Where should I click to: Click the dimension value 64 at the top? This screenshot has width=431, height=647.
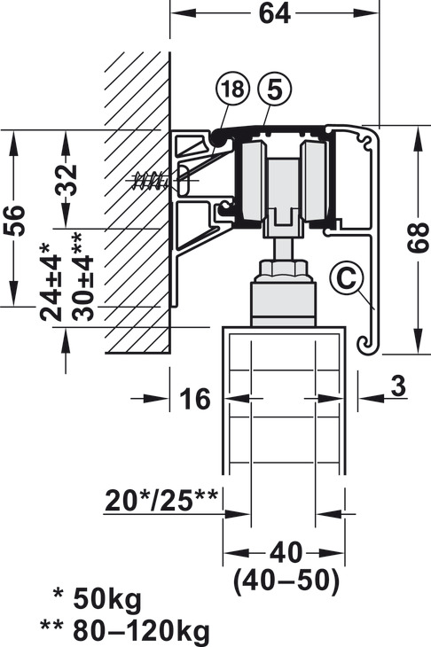pos(275,13)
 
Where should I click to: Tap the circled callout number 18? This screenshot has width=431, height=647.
pos(233,89)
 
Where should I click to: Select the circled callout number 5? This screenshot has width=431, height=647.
pos(275,89)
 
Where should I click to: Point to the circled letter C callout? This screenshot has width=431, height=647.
pos(346,278)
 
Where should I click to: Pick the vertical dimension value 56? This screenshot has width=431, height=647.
pos(14,220)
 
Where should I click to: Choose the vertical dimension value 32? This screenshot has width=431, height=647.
pos(67,180)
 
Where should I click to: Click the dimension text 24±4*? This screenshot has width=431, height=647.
pos(51,282)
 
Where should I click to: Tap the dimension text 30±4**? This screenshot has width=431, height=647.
pos(82,277)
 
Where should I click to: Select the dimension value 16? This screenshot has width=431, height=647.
pos(195,399)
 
